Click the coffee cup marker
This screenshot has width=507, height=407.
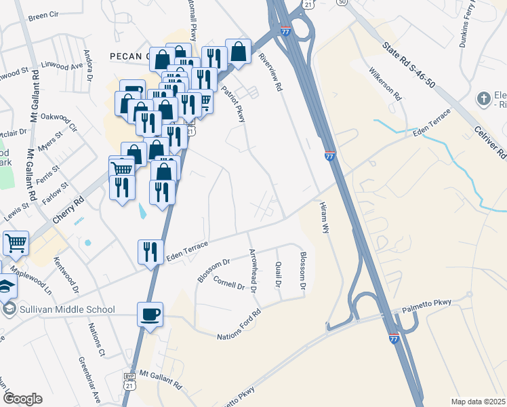click(150, 314)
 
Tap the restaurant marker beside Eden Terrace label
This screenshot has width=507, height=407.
click(150, 252)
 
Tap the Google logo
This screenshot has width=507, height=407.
click(22, 399)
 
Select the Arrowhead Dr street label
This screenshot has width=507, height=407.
click(254, 271)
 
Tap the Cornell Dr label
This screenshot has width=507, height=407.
click(228, 282)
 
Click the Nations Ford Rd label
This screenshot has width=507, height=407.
click(239, 326)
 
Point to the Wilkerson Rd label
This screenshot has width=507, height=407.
click(386, 83)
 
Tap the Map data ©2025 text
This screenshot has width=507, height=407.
click(477, 402)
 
